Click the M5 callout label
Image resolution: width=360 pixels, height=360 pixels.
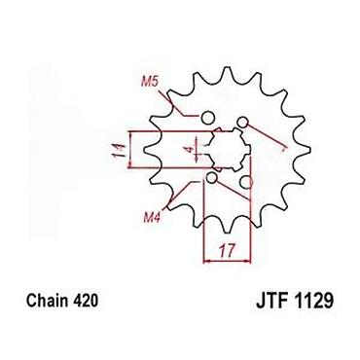(x=149, y=82)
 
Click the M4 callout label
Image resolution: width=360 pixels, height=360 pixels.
(x=152, y=218)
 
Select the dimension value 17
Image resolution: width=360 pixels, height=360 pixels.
(x=227, y=250)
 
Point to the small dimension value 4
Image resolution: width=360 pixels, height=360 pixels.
(x=191, y=150)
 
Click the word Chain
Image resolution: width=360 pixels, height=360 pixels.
(x=48, y=301)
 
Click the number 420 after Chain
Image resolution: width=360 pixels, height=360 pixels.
(x=86, y=301)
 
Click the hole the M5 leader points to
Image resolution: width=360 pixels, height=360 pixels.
(x=207, y=118)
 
